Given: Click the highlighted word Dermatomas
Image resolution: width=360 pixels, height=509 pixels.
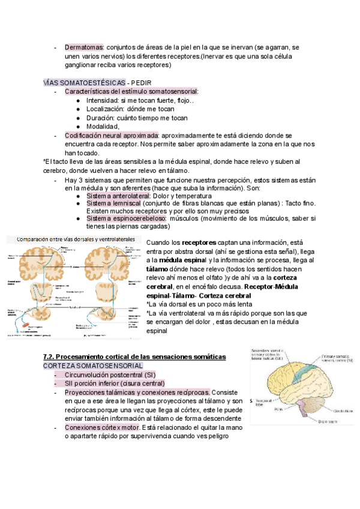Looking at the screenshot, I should coord(84,47).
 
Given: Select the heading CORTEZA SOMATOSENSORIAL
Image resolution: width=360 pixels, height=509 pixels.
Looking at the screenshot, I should coord(92,365).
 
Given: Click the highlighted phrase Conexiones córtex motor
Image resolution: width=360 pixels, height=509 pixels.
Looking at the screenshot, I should coord(102,427).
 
